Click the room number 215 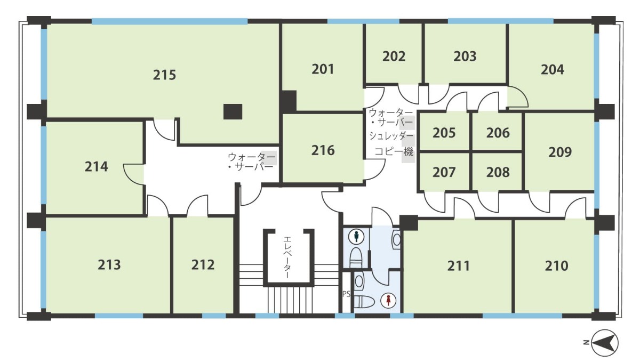point(164,75)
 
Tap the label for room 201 point(323,69)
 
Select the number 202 point(394,57)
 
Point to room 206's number point(498,133)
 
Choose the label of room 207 point(444,172)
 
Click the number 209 point(559,152)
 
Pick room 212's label point(203,265)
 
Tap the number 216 point(323,150)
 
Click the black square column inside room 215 point(233,111)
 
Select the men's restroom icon point(356,237)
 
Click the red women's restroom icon point(388,300)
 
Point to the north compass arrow point(605,343)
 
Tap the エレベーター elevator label point(287,257)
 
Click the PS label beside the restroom point(346,294)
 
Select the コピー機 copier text point(394,151)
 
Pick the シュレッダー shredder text point(391,136)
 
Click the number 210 point(556,266)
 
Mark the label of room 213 point(109,265)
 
